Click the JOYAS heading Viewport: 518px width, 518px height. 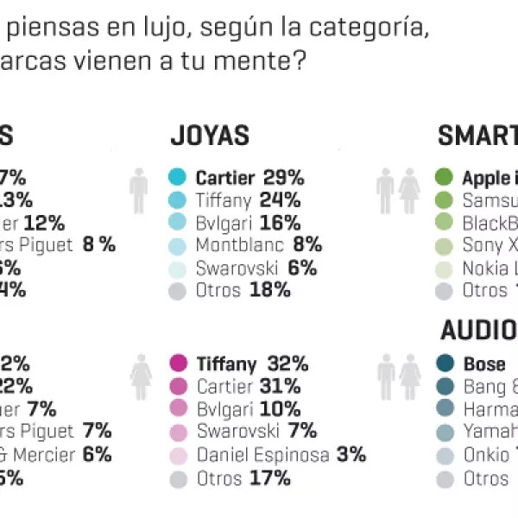(x=210, y=136)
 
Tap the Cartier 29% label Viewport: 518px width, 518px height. (x=250, y=179)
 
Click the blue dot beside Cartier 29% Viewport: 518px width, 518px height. (x=178, y=179)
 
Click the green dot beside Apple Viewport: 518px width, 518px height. (x=445, y=178)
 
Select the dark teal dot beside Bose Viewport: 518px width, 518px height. (x=445, y=363)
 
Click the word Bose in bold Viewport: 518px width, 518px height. (x=484, y=363)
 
